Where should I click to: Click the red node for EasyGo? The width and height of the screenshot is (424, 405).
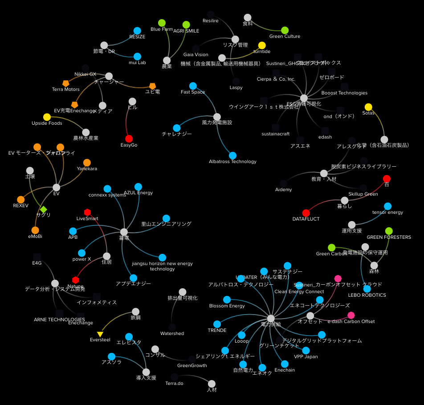[x=129, y=139]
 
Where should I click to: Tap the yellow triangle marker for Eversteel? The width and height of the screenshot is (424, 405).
[x=100, y=334]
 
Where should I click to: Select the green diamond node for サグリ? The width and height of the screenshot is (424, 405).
[x=43, y=209]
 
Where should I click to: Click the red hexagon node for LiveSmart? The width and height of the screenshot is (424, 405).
[x=87, y=212]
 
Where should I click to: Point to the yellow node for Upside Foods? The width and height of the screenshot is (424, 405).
[x=47, y=117]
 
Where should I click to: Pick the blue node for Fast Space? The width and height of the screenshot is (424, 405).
[x=193, y=86]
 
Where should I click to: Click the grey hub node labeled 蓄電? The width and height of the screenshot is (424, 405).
[x=124, y=232]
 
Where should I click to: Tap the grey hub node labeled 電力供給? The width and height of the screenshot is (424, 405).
[x=271, y=318]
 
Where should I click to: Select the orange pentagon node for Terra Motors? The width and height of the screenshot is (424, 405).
[x=66, y=83]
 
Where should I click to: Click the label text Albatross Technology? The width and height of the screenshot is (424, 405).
[x=232, y=161]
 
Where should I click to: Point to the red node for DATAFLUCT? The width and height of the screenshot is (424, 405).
[x=306, y=213]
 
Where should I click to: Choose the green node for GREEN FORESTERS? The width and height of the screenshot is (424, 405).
[x=389, y=231]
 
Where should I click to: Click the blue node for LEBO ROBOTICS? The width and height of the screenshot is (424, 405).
[x=367, y=289]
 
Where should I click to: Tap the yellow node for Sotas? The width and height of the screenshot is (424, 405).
[x=368, y=107]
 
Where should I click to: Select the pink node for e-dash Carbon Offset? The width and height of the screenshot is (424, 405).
[x=351, y=315]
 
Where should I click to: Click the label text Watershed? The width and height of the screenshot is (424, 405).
[x=172, y=333]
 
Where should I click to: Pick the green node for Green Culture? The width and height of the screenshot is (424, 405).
[x=285, y=30]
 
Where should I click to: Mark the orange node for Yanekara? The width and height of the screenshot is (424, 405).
[x=87, y=163]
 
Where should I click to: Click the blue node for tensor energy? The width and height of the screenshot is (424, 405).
[x=387, y=206]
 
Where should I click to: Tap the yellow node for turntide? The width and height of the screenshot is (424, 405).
[x=262, y=45]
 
